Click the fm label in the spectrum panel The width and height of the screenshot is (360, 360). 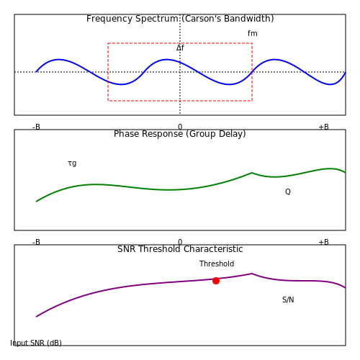253,33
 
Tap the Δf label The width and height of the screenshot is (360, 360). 180,48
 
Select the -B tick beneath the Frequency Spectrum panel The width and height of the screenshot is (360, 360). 36,127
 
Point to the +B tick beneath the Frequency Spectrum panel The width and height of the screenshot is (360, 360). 323,127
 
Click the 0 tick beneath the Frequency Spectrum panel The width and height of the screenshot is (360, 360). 180,127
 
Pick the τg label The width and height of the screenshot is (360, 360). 72,163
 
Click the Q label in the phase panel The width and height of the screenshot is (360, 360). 288,192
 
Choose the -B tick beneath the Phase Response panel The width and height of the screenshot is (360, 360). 36,242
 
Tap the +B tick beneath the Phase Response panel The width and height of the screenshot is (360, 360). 323,242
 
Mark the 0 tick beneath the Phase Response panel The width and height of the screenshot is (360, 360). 180,242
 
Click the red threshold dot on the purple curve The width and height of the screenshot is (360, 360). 216,281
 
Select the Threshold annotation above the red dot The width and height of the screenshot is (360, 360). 217,264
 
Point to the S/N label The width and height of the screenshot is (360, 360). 288,300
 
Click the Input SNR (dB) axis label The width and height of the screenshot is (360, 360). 36,343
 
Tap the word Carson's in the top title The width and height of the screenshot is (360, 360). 201,19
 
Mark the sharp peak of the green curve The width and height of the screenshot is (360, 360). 252,173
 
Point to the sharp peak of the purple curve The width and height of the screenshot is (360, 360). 252,274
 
